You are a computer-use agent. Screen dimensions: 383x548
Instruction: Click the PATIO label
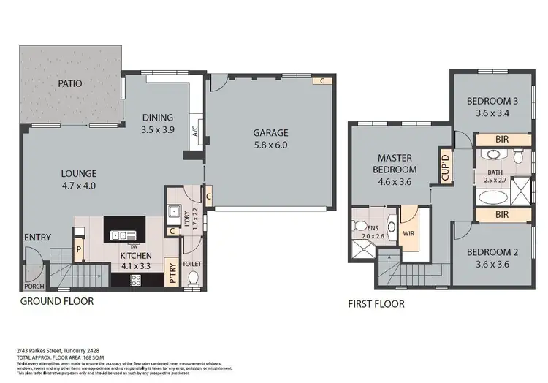[x=70, y=83]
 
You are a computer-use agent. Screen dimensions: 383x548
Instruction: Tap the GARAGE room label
[x=270, y=133]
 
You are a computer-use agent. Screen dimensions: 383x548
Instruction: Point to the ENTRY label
[x=37, y=238]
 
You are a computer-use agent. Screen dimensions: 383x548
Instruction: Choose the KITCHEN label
[x=136, y=256]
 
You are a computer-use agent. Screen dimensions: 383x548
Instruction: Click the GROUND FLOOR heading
[x=56, y=300]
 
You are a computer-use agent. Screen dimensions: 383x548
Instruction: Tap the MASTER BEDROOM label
[x=396, y=163]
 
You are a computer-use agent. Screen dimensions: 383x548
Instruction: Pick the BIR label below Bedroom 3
[x=502, y=139]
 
